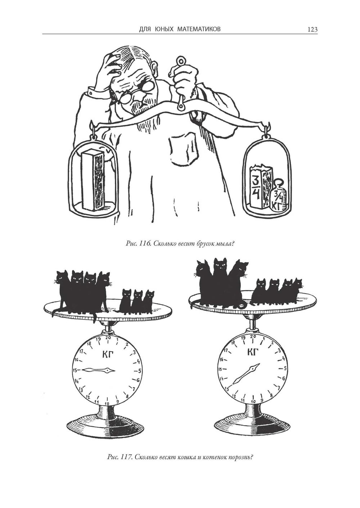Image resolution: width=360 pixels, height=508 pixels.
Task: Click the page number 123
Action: (x=312, y=30)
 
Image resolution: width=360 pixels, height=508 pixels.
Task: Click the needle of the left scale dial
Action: (x=98, y=370)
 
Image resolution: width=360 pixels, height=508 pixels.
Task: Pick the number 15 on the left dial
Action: (x=75, y=370)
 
